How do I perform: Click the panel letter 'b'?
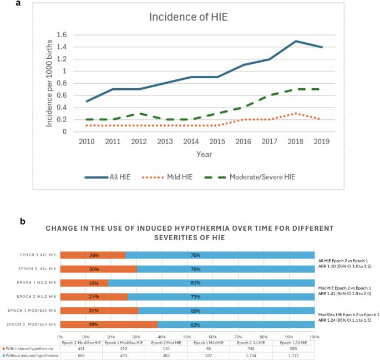point(22,221)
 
